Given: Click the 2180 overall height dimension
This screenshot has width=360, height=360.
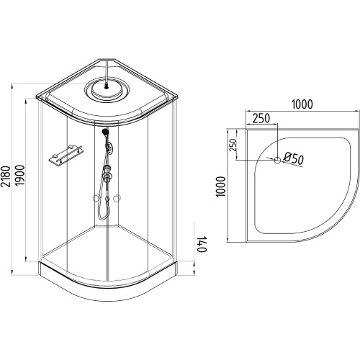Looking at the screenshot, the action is (6, 176).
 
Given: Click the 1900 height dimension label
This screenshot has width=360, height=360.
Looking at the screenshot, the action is (20, 175).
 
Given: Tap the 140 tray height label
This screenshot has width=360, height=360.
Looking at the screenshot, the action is (202, 244).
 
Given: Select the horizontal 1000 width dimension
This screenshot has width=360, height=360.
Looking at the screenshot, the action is (302, 104).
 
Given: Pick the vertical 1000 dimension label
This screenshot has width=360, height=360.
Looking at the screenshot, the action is (221, 186).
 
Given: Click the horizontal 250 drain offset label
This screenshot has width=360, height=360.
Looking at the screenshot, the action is (261, 118).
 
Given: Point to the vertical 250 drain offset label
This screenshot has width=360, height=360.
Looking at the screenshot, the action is (233, 145).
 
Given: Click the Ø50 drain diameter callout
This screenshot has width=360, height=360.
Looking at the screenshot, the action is (294, 159).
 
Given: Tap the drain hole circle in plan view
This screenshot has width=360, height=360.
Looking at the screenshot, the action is (277, 160).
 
